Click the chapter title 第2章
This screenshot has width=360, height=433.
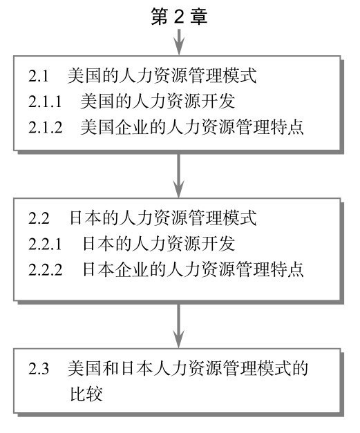point(179,16)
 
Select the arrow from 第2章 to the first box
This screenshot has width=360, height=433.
point(179,41)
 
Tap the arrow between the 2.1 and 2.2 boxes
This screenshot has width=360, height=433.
point(179,175)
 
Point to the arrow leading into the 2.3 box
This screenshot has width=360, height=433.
point(179,326)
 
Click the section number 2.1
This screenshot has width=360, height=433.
point(39,76)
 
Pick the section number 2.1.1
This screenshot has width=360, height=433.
point(45,102)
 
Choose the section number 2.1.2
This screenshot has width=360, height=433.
point(46,127)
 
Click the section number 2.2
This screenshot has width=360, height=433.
point(39,218)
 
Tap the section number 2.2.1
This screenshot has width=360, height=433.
point(45,244)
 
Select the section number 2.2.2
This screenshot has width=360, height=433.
point(46,269)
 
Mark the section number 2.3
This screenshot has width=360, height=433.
point(39,368)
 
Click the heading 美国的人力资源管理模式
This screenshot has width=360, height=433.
point(162,75)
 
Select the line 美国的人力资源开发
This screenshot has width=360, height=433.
point(158,101)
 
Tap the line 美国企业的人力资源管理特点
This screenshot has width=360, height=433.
point(192,127)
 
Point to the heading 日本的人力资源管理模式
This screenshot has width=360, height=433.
point(163,218)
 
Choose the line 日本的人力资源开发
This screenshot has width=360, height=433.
point(159,244)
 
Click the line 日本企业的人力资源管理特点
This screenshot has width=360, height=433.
point(193,269)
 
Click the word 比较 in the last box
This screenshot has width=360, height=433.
point(86,394)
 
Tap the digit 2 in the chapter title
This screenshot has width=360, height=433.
point(179,17)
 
